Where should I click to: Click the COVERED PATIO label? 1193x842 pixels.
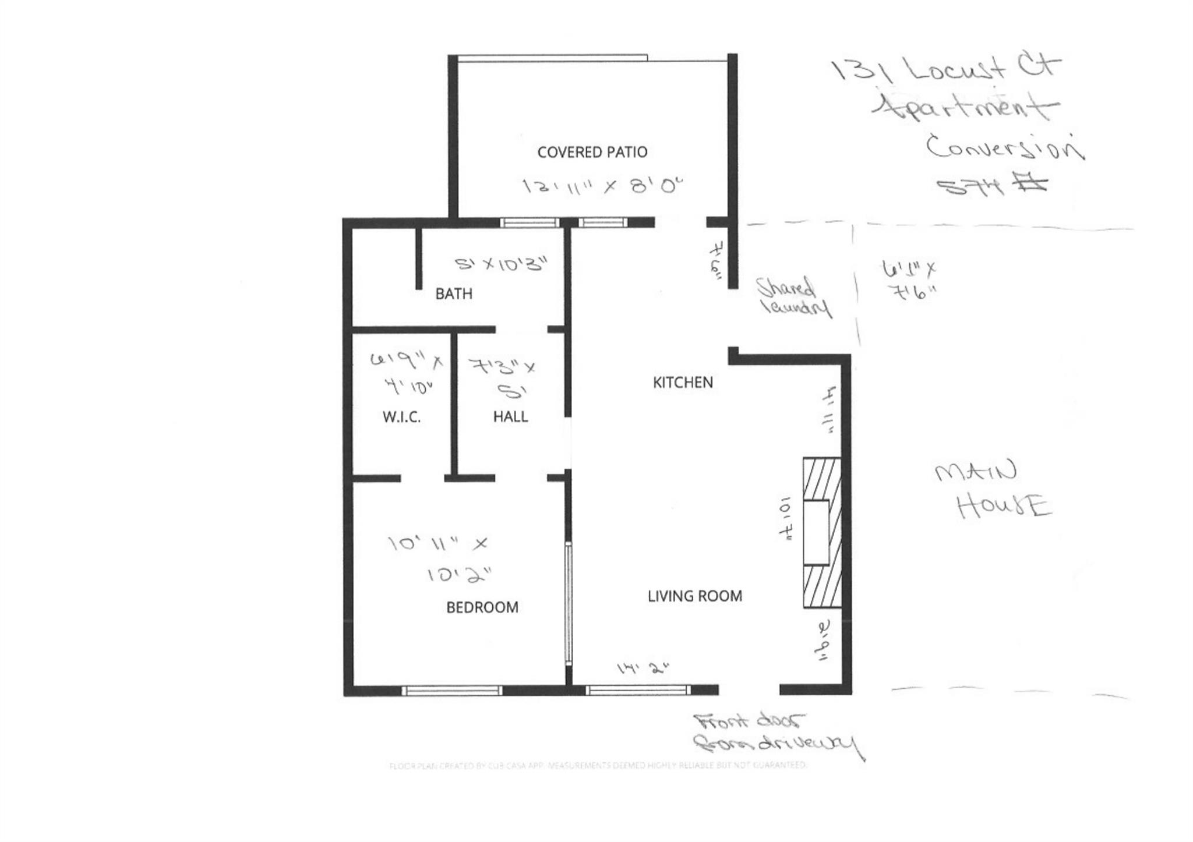(x=592, y=153)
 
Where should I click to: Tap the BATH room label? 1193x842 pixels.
(x=454, y=294)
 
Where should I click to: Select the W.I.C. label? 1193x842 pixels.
(x=401, y=417)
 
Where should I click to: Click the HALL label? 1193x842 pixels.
(x=510, y=417)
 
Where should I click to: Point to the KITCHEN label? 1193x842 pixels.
(x=683, y=383)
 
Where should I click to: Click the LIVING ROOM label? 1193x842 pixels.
(x=695, y=596)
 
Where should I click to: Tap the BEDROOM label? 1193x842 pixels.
(x=482, y=608)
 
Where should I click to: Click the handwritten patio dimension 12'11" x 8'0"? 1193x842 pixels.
(x=602, y=186)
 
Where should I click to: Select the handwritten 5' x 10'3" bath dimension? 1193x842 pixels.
(x=501, y=264)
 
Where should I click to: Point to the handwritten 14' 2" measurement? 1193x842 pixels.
(x=643, y=668)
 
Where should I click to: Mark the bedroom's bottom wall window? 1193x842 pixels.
(x=451, y=691)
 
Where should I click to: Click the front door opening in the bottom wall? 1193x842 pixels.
(x=749, y=690)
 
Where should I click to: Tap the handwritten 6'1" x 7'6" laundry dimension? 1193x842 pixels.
(x=909, y=281)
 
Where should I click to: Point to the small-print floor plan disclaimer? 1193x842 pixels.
(x=598, y=765)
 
